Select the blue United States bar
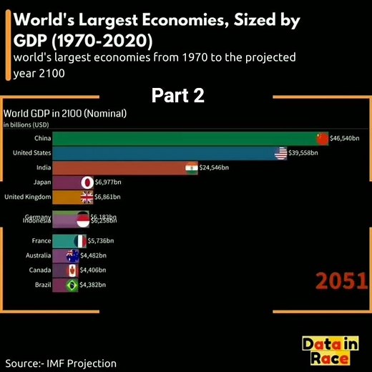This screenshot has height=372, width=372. [165, 153]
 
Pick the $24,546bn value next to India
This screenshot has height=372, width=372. [213, 167]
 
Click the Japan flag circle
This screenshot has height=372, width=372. [87, 182]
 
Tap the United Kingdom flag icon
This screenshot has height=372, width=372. [87, 197]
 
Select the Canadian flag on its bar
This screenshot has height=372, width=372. [72, 270]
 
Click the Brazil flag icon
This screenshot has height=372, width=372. [72, 285]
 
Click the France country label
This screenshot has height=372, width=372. [41, 241]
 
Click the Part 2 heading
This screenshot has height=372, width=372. [178, 96]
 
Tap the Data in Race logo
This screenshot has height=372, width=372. [330, 351]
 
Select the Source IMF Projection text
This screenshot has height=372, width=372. [60, 363]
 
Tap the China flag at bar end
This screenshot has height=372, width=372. [321, 138]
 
